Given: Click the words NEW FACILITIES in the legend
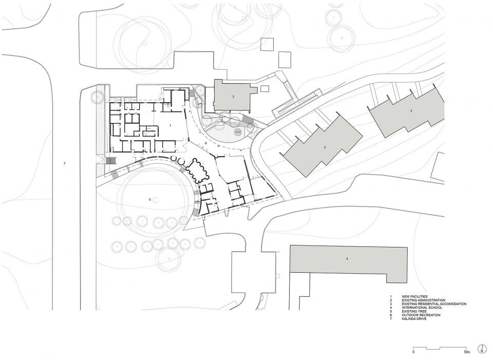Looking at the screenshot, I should [414, 296].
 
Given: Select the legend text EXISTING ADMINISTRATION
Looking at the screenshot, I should [424, 300].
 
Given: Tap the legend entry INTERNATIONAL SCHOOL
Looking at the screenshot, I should [421, 307].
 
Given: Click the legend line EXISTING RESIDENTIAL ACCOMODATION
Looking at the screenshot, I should [434, 304].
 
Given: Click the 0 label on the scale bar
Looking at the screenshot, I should [413, 352].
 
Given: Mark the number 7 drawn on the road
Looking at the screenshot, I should [65, 163].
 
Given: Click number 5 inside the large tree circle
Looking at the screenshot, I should [149, 199].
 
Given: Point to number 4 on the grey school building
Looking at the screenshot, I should [347, 258].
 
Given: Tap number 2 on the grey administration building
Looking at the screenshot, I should [233, 97].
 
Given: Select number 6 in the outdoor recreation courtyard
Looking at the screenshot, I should [205, 143].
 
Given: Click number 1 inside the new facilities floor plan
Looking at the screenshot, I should [170, 125].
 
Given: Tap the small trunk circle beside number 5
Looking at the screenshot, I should [156, 199].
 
